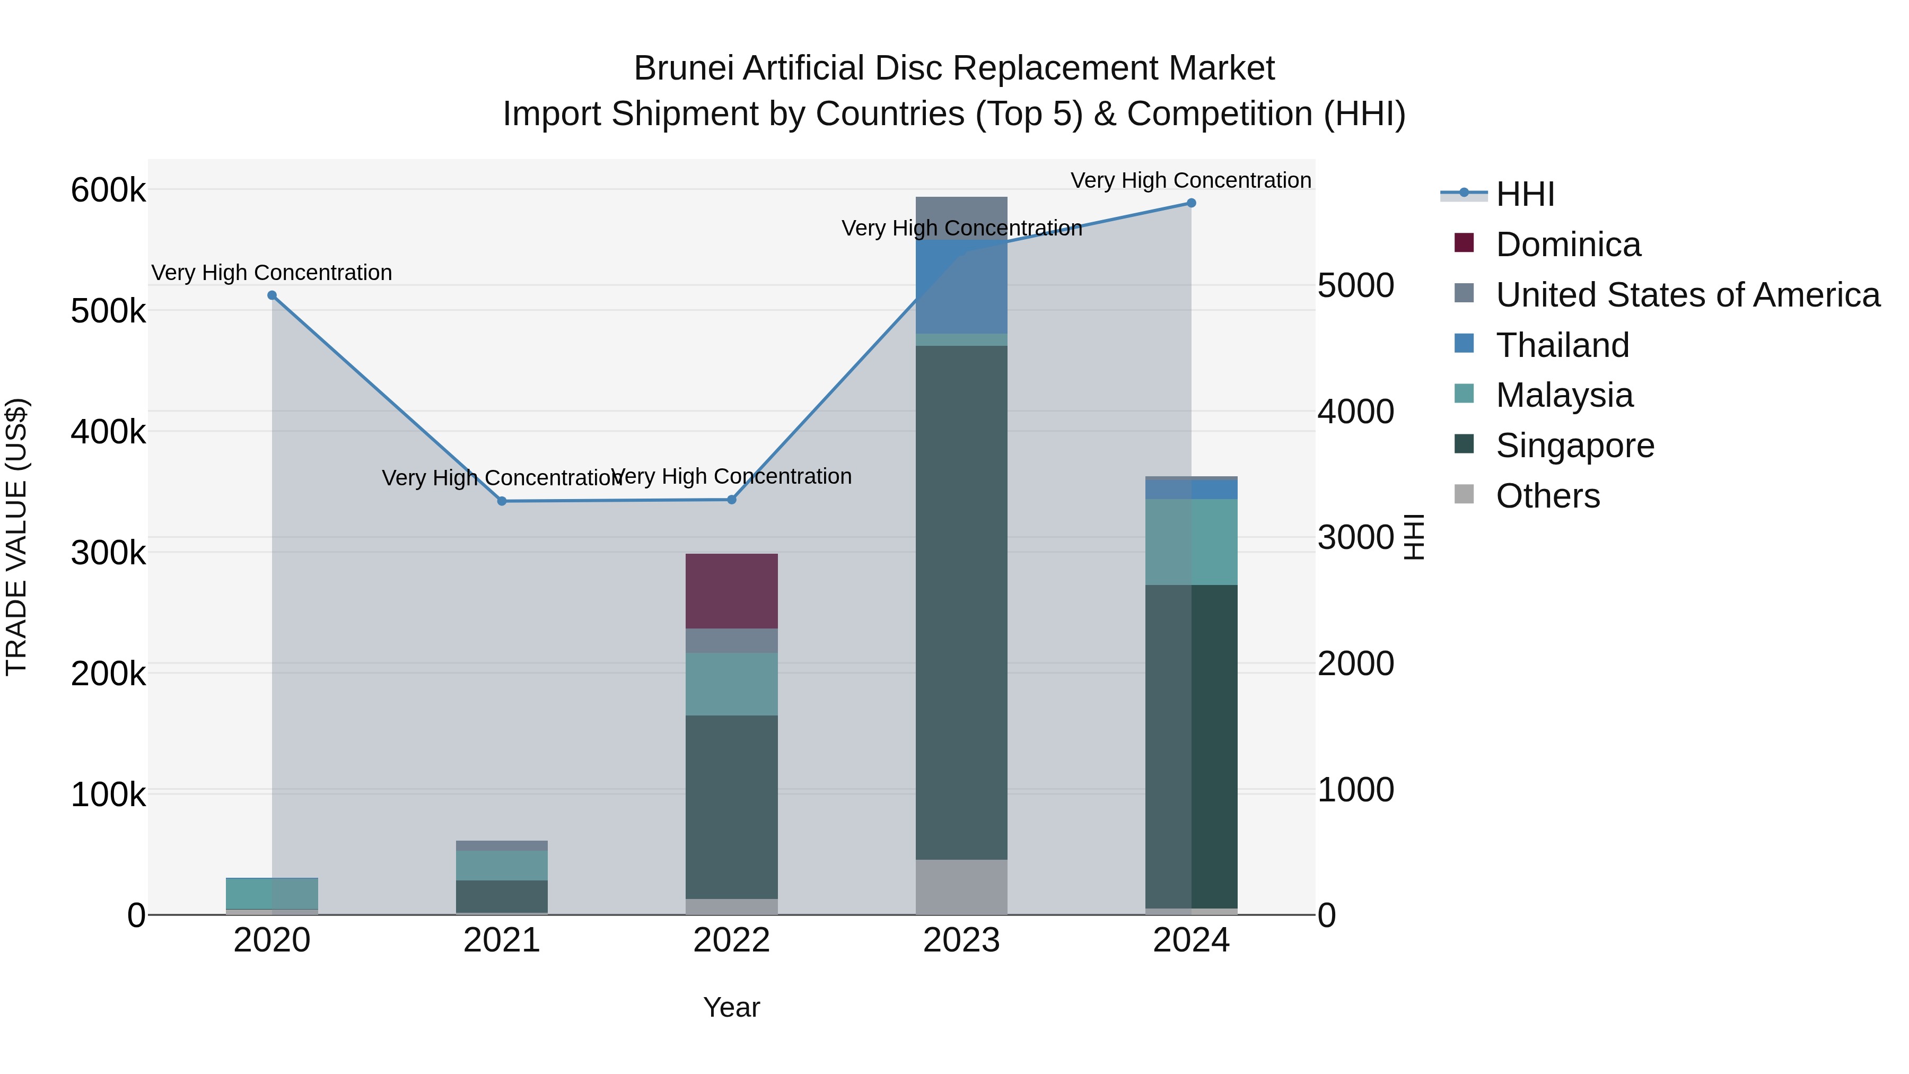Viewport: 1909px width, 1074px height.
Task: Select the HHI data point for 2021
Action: click(502, 501)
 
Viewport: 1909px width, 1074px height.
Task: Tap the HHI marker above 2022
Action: click(731, 500)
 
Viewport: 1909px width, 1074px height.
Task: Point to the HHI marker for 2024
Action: click(1191, 203)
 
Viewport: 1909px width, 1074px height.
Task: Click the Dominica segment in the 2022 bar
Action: click(731, 591)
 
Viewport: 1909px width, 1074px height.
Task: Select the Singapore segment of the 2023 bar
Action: click(961, 602)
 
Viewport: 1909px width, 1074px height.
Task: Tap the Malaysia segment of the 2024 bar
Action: click(1191, 542)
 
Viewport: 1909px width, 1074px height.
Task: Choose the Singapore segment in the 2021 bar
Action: click(502, 896)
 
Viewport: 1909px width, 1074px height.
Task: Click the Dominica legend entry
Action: click(1568, 245)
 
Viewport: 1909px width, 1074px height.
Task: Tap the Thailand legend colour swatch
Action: click(1464, 344)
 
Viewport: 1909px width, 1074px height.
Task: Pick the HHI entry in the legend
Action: click(1525, 194)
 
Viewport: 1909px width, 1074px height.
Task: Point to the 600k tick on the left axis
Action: click(108, 190)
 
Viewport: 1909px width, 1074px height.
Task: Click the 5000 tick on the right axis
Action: click(1355, 285)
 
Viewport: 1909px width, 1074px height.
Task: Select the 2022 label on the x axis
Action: click(731, 940)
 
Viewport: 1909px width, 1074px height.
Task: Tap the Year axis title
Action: click(731, 1007)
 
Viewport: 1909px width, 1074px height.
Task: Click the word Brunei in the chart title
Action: click(682, 68)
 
